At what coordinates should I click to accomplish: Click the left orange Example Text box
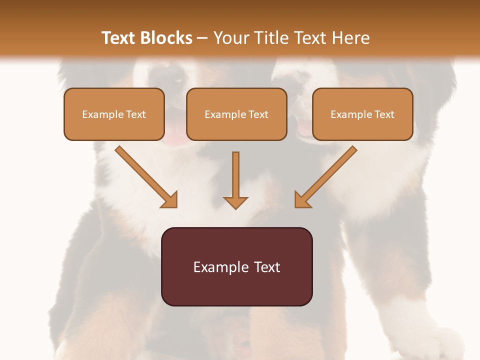pyautogui.click(x=114, y=114)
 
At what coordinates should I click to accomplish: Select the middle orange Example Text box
pyautogui.click(x=236, y=114)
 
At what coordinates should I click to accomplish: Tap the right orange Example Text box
pyautogui.click(x=362, y=114)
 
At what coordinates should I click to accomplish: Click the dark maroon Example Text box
pyautogui.click(x=236, y=266)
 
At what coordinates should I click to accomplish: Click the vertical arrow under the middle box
pyautogui.click(x=235, y=180)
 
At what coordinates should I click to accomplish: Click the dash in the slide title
pyautogui.click(x=202, y=38)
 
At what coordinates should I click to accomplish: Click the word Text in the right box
pyautogui.click(x=384, y=114)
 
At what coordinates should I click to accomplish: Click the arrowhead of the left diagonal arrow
pyautogui.click(x=170, y=200)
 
